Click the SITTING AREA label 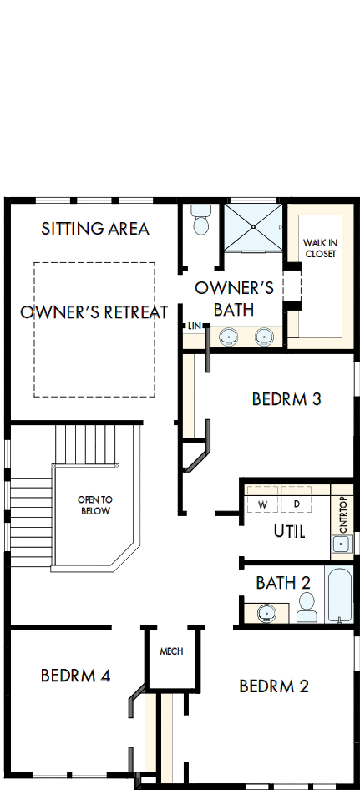[95, 228]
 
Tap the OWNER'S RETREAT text [94, 312]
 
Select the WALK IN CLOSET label [320, 248]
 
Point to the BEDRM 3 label [286, 399]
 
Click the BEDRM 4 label [75, 675]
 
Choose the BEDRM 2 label [274, 686]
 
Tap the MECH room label [171, 651]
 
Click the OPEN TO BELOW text [94, 505]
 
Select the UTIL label [289, 531]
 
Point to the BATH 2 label [282, 581]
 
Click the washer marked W [262, 504]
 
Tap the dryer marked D [297, 504]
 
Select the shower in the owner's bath [254, 226]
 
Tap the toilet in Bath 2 [307, 606]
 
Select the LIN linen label [194, 325]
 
